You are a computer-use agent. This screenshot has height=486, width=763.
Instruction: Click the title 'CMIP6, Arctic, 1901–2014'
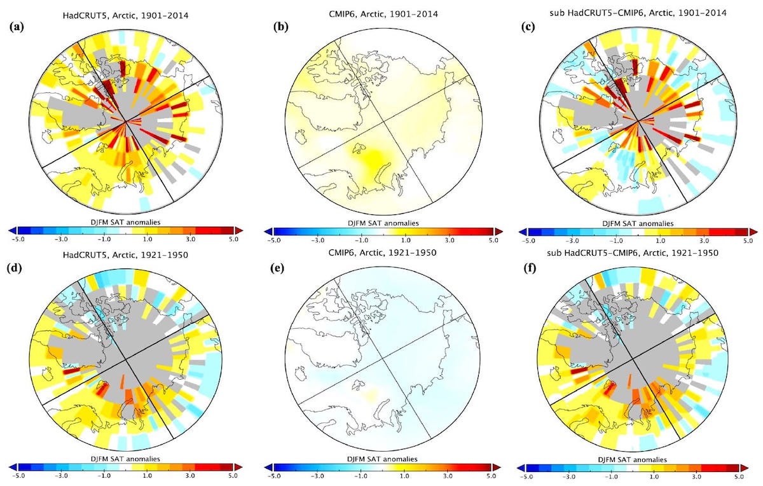(380, 14)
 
